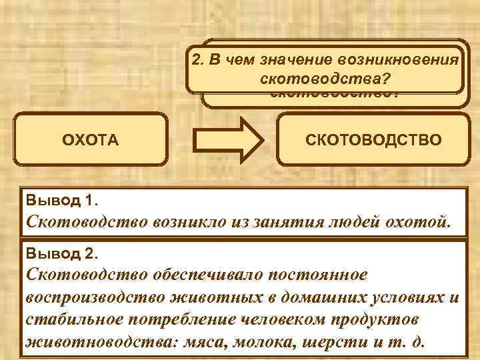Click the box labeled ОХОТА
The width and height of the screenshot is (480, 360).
click(90, 140)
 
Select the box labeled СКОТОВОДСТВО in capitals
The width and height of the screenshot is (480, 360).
click(373, 139)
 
